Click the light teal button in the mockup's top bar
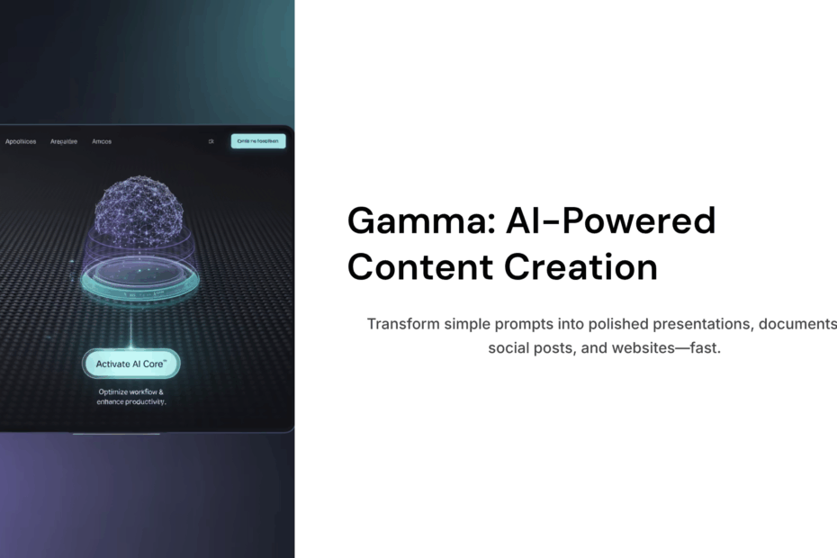(258, 141)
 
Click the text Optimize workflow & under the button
(131, 391)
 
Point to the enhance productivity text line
(131, 402)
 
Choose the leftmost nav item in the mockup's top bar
(21, 141)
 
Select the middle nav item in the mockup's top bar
(64, 141)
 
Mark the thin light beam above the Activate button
(131, 328)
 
